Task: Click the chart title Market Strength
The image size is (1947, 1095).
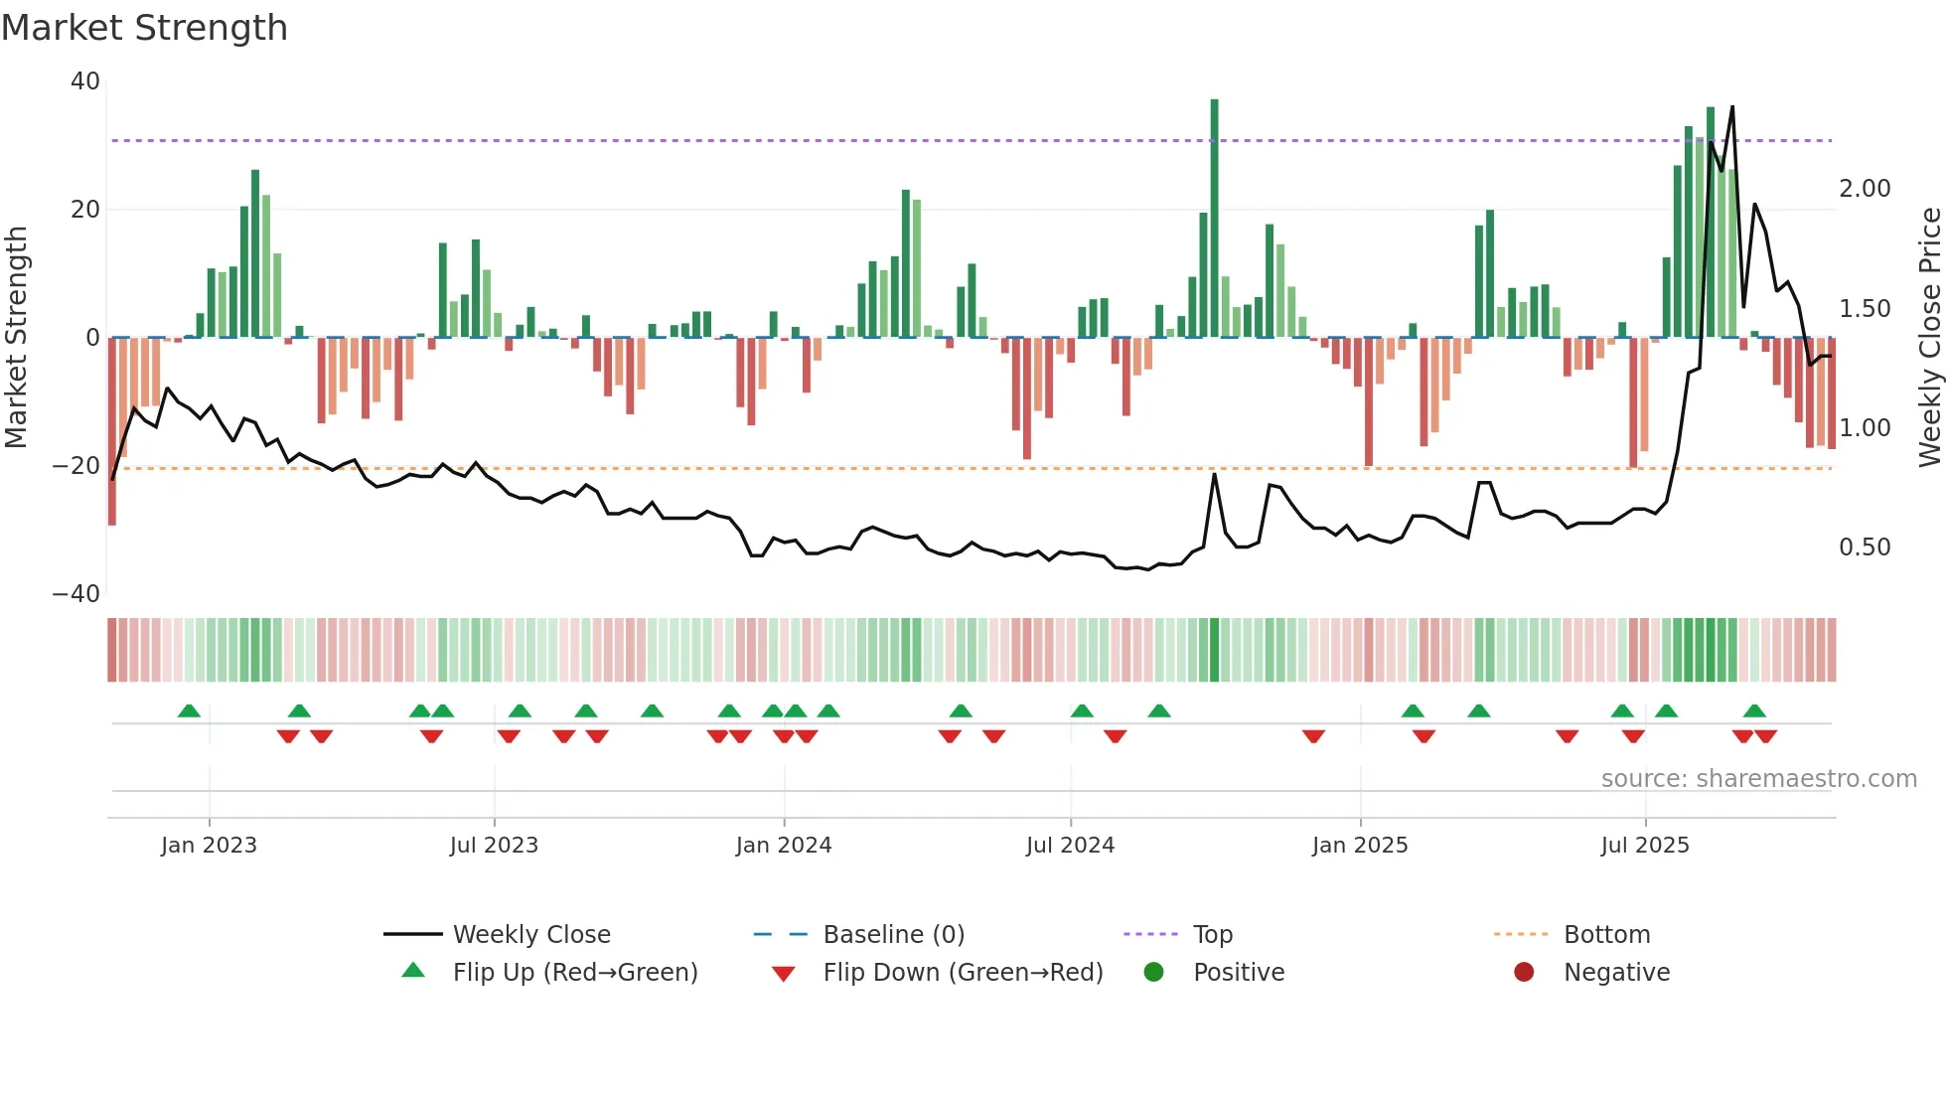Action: (x=144, y=28)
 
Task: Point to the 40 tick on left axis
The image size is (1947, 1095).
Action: (x=85, y=81)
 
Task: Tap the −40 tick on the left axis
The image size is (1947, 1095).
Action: (x=76, y=594)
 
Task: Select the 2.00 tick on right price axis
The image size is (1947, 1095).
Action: (x=1865, y=189)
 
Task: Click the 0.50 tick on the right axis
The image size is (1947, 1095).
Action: (x=1865, y=547)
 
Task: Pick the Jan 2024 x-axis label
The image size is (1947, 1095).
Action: (x=784, y=846)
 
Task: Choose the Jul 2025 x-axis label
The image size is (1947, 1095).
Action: (x=1645, y=846)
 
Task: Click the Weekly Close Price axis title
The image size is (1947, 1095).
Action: (x=1929, y=338)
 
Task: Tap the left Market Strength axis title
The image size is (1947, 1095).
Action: (x=17, y=338)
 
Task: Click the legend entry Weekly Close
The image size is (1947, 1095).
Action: (x=531, y=935)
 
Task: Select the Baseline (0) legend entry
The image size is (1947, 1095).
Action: (x=893, y=935)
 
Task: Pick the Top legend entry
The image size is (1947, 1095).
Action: (x=1212, y=935)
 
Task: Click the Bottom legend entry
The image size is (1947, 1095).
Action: (x=1606, y=935)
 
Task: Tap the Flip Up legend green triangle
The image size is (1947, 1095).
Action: (x=413, y=971)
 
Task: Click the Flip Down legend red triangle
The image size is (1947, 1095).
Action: (x=783, y=974)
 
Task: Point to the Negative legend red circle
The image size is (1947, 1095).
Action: (x=1524, y=972)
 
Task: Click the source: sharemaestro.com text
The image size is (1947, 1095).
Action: (x=1758, y=779)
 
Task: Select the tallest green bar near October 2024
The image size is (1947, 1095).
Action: (x=1214, y=219)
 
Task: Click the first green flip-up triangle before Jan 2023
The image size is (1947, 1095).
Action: (x=189, y=710)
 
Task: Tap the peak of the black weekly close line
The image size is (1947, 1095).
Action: (x=1732, y=107)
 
